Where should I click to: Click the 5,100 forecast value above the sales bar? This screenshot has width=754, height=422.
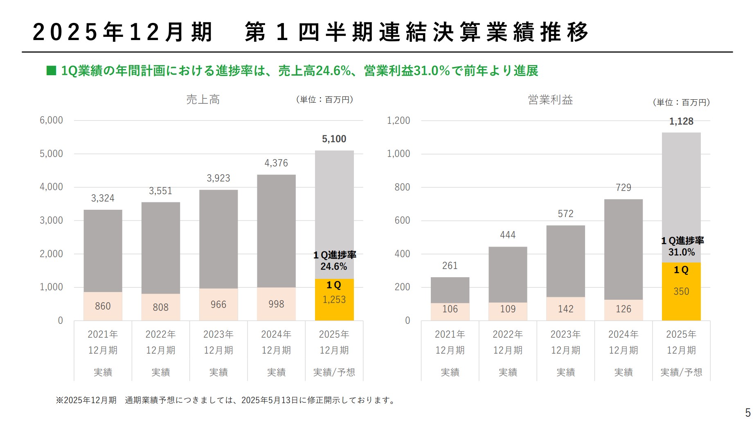pos(334,139)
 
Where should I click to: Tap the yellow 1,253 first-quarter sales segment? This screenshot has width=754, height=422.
pos(334,300)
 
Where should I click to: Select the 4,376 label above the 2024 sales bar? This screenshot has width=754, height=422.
pos(276,163)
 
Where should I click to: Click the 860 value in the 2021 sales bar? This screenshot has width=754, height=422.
pos(103,306)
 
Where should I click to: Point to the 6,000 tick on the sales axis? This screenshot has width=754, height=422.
pos(51,120)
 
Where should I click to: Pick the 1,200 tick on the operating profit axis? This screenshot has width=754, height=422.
pos(398,120)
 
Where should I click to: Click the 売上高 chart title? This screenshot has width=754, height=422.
pos(203,99)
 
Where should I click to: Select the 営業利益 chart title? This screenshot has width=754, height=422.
pos(550,99)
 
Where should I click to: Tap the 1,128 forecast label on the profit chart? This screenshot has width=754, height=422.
pos(681,121)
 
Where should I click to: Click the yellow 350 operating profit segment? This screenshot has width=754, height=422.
pos(681,292)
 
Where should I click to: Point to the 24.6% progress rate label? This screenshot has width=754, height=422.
pos(333,267)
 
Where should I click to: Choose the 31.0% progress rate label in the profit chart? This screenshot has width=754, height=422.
pos(681,252)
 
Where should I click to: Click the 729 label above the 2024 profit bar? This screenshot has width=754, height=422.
pos(623,188)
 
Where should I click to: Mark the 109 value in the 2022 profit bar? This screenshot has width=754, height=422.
pos(508,309)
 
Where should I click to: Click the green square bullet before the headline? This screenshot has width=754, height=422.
pos(51,71)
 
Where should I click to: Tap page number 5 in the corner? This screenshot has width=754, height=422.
pos(747,412)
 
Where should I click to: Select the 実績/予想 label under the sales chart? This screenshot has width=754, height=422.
pos(334,372)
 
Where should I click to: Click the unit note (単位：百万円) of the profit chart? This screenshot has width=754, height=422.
pos(681,102)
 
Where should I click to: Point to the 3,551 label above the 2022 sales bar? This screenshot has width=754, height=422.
pos(160,191)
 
